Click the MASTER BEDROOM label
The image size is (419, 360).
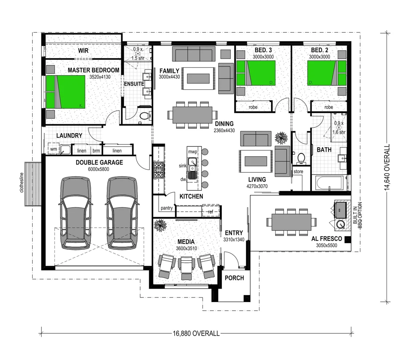(x=93, y=70)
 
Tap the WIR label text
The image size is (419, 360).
(x=83, y=50)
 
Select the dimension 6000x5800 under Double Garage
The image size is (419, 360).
(x=98, y=169)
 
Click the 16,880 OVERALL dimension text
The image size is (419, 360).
(x=196, y=333)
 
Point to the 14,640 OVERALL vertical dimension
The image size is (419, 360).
(x=387, y=167)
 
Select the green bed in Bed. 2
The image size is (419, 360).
(x=327, y=73)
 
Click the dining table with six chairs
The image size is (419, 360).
(x=192, y=115)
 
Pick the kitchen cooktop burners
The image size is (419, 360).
(x=158, y=170)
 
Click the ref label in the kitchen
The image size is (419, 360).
(x=211, y=212)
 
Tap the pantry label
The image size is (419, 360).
(x=166, y=208)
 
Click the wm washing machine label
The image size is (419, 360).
(x=53, y=149)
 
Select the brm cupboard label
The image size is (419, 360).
(x=96, y=151)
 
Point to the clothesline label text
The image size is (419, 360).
(x=22, y=182)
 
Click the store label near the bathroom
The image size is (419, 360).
(x=298, y=171)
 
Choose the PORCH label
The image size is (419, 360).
(x=234, y=278)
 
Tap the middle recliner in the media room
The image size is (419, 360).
(x=186, y=268)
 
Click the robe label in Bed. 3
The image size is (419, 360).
(x=253, y=107)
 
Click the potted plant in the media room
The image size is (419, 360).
(x=160, y=225)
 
